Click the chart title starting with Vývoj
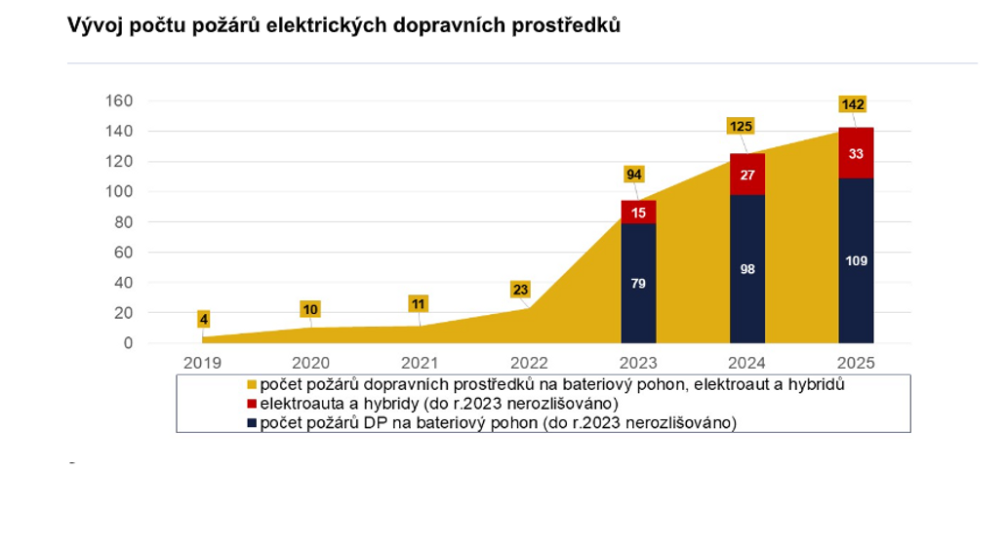[x=343, y=26]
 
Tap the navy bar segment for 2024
[x=747, y=269]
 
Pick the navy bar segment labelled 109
[x=857, y=260]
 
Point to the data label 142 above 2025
[x=853, y=104]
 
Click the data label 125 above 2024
[x=741, y=126]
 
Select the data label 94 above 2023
[x=634, y=175]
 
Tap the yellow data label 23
[x=521, y=290]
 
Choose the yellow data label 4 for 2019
[x=204, y=319]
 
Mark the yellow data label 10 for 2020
[x=310, y=309]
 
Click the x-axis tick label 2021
[x=421, y=362]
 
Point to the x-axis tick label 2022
[x=530, y=362]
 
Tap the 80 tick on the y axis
[x=123, y=222]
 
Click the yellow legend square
[x=252, y=385]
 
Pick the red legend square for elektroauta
[x=252, y=404]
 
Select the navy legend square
[x=252, y=422]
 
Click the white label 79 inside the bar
[x=639, y=284]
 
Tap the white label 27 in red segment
[x=747, y=175]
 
